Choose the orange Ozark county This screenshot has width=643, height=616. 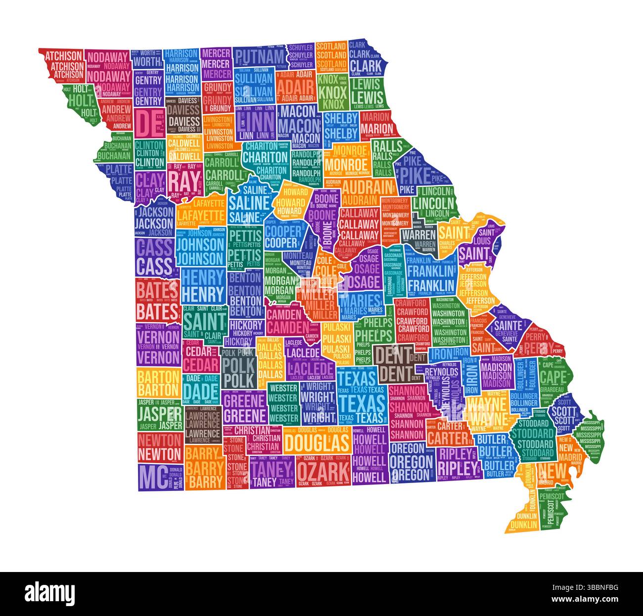(x=322, y=470)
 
